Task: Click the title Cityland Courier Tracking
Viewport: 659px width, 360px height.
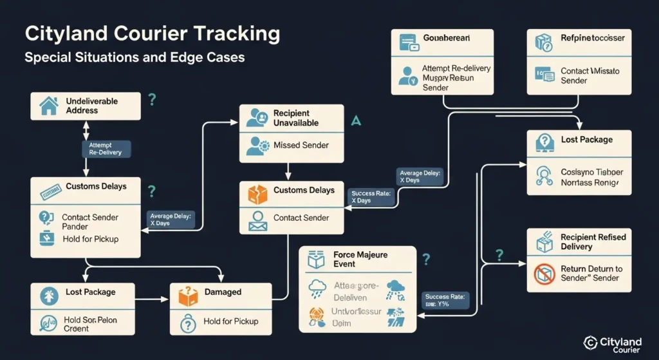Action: (152, 34)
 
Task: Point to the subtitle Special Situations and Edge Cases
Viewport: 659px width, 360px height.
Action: (135, 57)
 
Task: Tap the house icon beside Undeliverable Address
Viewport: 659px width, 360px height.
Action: (48, 106)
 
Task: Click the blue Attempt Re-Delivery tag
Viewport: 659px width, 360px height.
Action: (106, 149)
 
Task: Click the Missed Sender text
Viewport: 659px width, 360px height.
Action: (301, 146)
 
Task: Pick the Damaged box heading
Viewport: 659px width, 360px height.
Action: (222, 292)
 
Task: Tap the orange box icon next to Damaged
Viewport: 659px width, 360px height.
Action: (188, 296)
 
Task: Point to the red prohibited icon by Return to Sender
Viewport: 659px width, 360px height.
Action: (544, 274)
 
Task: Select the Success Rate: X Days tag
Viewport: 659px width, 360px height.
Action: (371, 196)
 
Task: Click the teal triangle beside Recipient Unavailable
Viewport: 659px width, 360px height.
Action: (357, 120)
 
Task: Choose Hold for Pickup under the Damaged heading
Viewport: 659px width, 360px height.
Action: (230, 321)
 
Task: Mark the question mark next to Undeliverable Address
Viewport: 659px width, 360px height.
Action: (152, 99)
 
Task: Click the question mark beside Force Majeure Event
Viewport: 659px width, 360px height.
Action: (425, 260)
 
